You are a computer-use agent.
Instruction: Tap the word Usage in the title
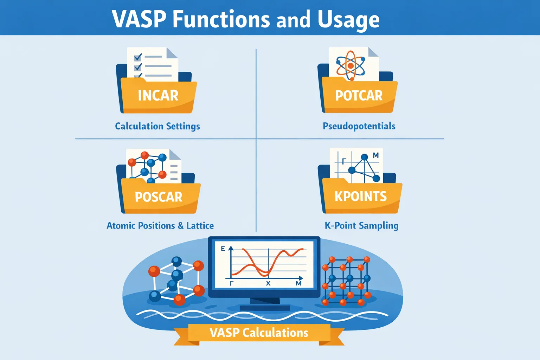348,20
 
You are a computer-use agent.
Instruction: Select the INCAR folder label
158,96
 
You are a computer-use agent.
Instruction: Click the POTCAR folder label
359,96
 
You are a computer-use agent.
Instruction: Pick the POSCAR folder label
159,197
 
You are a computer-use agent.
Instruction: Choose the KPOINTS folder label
361,197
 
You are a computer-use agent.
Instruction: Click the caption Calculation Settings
157,126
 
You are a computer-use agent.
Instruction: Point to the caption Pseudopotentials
359,126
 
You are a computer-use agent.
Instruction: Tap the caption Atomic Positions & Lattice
160,226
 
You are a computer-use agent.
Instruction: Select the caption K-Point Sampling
361,226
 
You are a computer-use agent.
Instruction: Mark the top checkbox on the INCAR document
138,57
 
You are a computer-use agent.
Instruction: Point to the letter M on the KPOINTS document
376,155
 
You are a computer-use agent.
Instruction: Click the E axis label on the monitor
223,249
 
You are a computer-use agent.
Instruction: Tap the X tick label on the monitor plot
268,283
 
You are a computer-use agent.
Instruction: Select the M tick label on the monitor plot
298,283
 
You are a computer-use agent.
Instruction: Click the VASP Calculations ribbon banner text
259,333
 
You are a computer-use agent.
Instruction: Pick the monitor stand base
265,308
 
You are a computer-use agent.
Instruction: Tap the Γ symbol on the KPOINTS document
344,161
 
